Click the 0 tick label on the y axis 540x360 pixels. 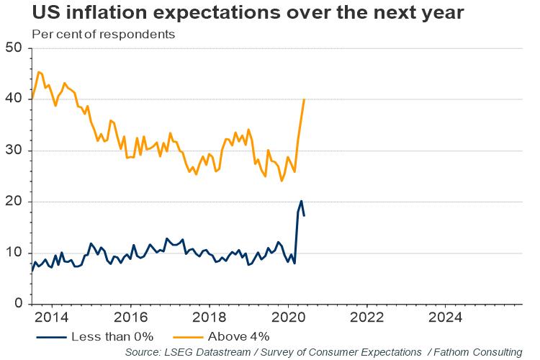click(19, 304)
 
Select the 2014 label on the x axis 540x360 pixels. click(51, 318)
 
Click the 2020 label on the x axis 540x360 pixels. click(287, 318)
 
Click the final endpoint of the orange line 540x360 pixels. click(305, 99)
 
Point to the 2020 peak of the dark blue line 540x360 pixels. click(301, 201)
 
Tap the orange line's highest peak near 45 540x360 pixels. click(39, 72)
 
